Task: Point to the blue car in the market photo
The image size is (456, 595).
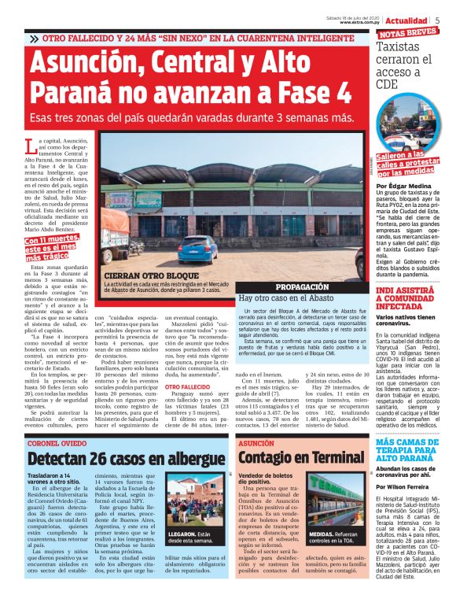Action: click(197, 247)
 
